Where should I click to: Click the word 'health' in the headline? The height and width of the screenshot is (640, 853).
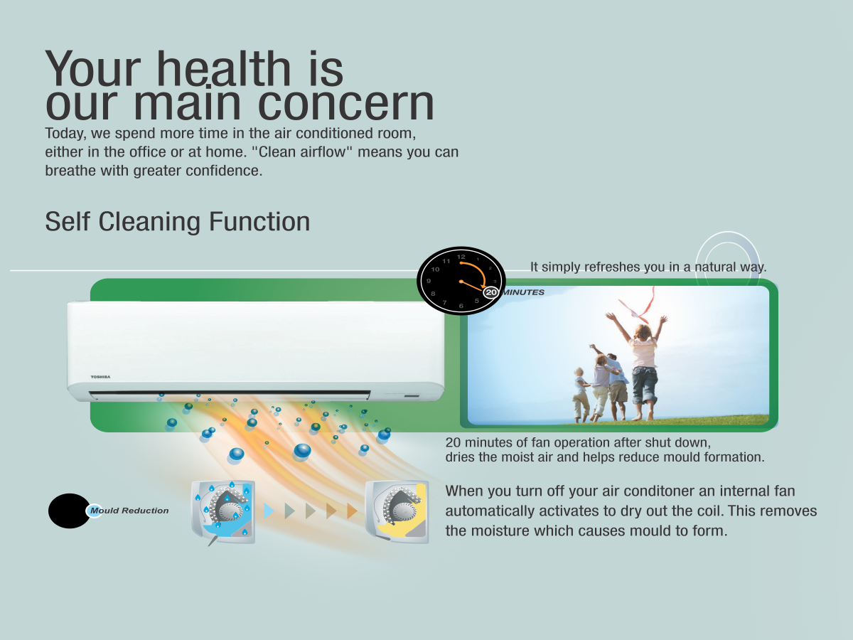click(x=223, y=69)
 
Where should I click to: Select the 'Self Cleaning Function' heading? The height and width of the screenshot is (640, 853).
click(x=178, y=222)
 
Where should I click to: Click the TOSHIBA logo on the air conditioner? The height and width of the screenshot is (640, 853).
click(x=101, y=377)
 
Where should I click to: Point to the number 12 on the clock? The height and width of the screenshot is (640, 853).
click(x=461, y=257)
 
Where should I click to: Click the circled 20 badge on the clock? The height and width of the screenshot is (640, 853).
click(x=491, y=292)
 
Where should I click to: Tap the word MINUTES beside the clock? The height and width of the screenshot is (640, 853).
click(x=523, y=292)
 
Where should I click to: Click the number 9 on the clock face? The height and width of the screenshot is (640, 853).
click(x=429, y=281)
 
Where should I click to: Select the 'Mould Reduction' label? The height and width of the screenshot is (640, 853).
click(x=129, y=511)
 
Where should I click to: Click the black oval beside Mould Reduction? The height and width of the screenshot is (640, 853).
click(x=70, y=511)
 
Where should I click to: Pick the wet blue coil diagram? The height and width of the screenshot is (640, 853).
click(x=223, y=512)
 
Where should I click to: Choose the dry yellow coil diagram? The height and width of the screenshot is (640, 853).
click(x=397, y=512)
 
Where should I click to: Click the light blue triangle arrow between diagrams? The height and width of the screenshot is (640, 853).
click(x=269, y=511)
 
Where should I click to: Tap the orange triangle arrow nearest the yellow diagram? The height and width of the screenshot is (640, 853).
click(x=352, y=511)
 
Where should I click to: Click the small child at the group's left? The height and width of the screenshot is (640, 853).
click(x=581, y=395)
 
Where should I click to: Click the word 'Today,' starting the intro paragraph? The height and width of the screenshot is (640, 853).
click(x=65, y=134)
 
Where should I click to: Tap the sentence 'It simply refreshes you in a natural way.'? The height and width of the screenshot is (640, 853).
click(x=648, y=267)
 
